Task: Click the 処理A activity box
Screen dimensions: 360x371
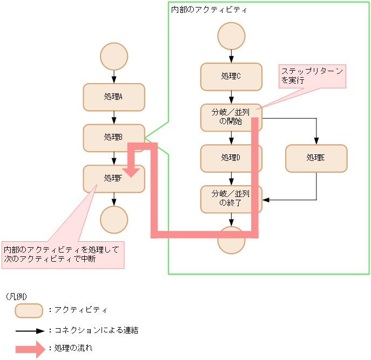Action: (113, 97)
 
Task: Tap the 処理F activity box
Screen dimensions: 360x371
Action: (108, 179)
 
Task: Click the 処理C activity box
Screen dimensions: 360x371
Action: (231, 77)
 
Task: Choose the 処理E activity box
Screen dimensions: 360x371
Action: (316, 158)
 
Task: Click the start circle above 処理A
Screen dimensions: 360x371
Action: (114, 57)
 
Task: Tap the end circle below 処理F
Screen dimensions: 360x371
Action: (114, 220)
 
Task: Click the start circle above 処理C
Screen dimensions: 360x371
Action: (231, 36)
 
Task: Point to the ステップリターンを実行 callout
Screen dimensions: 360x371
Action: (312, 76)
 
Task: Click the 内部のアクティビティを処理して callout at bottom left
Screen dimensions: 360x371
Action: (63, 254)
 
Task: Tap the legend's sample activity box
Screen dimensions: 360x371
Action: (29, 311)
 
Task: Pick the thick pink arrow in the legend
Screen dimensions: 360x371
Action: (29, 349)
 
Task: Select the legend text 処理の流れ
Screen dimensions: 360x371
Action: (73, 349)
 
